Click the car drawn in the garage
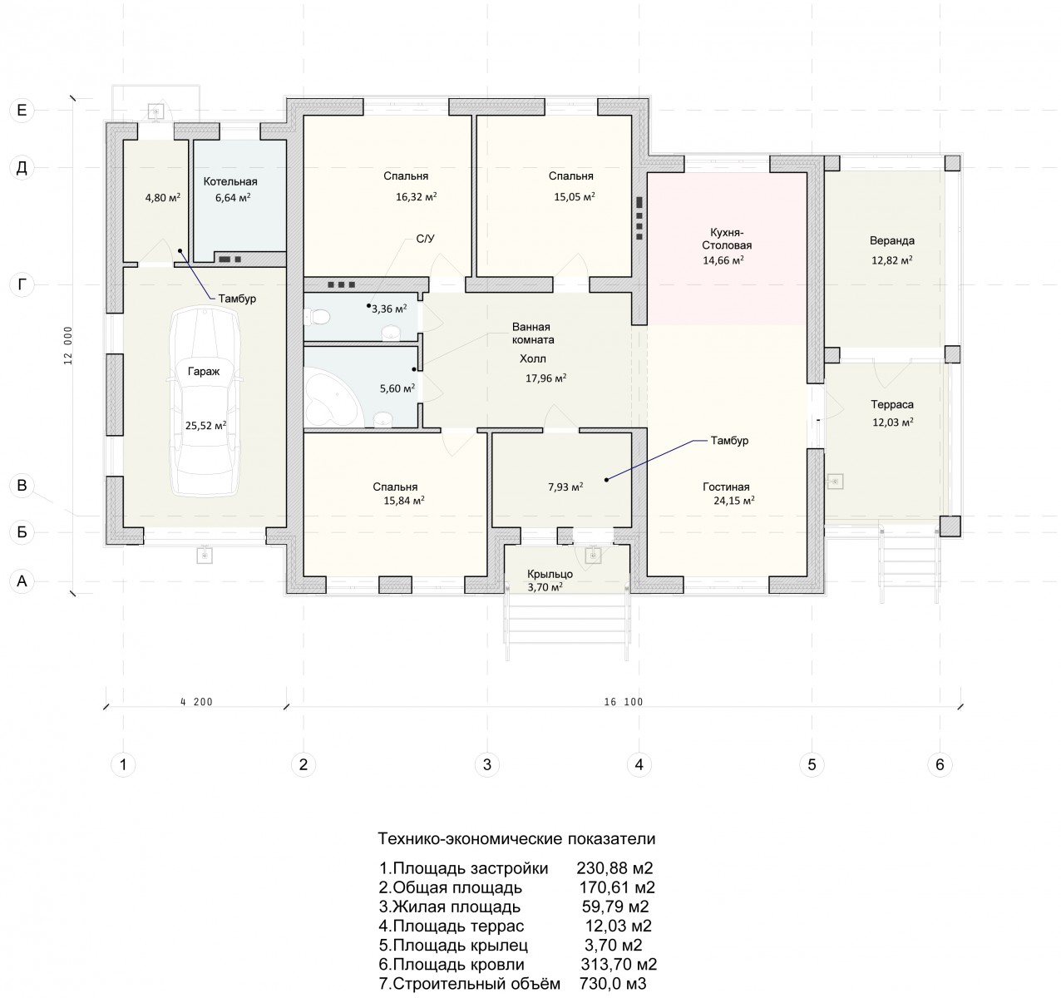pyautogui.click(x=205, y=403)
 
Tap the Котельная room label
pyautogui.click(x=230, y=182)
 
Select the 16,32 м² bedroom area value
pyautogui.click(x=417, y=197)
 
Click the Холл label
pyautogui.click(x=533, y=358)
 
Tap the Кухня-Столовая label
pyautogui.click(x=727, y=239)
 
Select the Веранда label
pyautogui.click(x=891, y=240)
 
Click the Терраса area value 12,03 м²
pyautogui.click(x=893, y=422)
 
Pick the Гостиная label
pyautogui.click(x=726, y=487)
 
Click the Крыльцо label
pyautogui.click(x=550, y=575)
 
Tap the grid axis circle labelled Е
pyautogui.click(x=22, y=110)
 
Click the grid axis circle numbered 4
pyautogui.click(x=639, y=764)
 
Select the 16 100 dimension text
pyautogui.click(x=624, y=702)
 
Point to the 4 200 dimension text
pyautogui.click(x=196, y=702)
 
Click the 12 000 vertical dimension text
pyautogui.click(x=68, y=345)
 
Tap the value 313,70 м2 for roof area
pyautogui.click(x=619, y=965)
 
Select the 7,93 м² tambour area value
pyautogui.click(x=565, y=487)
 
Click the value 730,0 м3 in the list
pyautogui.click(x=613, y=984)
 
